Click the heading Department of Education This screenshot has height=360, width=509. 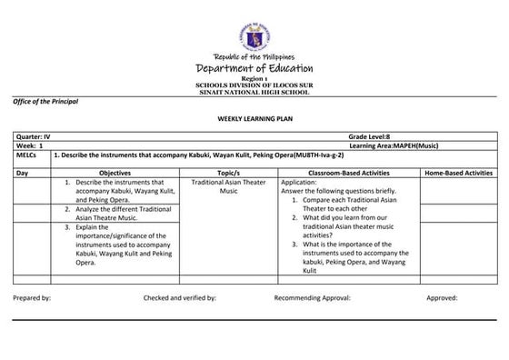pyautogui.click(x=254, y=69)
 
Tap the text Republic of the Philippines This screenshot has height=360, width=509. pyautogui.click(x=254, y=57)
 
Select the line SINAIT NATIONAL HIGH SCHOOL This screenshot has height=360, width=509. pyautogui.click(x=254, y=91)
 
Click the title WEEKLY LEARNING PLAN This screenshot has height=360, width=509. pyautogui.click(x=254, y=119)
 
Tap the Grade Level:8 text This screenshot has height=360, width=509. pyautogui.click(x=368, y=136)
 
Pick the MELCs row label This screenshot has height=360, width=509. pyautogui.click(x=27, y=155)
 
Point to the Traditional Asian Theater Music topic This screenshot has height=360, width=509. pyautogui.click(x=228, y=186)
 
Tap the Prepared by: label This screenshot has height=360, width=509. pyautogui.click(x=33, y=297)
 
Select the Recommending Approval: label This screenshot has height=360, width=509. pyautogui.click(x=312, y=297)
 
